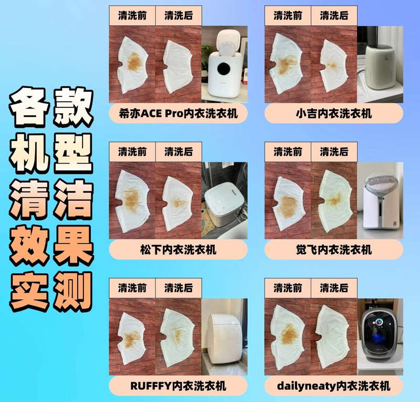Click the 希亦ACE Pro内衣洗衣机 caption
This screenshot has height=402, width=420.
[x=178, y=114]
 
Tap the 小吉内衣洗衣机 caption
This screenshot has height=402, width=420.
[x=334, y=114]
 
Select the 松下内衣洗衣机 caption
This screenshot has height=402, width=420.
[x=178, y=249]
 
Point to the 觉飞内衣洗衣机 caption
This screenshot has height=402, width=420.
[x=334, y=249]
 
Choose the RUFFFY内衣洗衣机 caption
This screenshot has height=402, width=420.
[x=178, y=386]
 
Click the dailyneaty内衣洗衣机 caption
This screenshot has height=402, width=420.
[x=334, y=386]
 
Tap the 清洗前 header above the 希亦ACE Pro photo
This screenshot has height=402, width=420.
[x=132, y=15]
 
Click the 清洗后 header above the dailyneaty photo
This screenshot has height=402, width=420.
[x=334, y=287]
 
